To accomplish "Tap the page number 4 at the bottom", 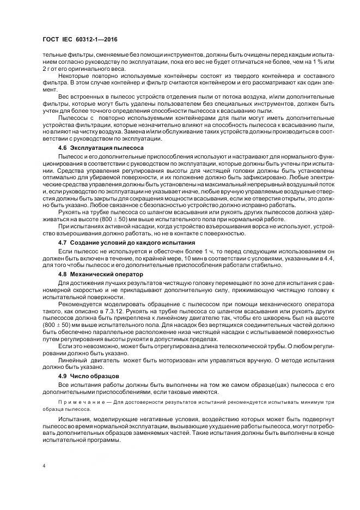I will point(44,466).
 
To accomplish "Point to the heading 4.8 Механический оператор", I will point(100,275).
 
